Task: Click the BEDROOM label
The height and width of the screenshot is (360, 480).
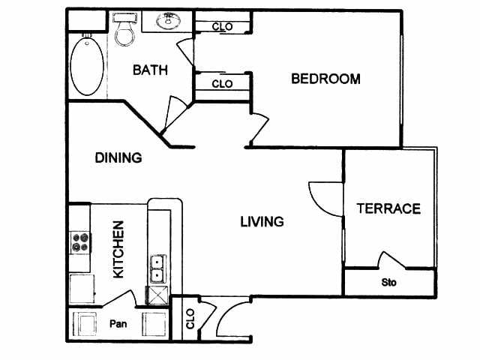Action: (325, 79)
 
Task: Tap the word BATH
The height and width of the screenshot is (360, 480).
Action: (150, 70)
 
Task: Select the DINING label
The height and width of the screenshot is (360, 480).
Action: (118, 157)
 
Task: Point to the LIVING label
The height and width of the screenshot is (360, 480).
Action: (262, 222)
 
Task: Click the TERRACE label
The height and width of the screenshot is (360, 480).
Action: (388, 208)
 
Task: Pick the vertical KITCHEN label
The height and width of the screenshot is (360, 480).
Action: (118, 250)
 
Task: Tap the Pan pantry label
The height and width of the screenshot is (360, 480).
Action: (118, 323)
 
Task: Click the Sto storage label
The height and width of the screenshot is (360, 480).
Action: (388, 282)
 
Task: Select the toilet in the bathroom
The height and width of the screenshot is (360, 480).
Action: (124, 29)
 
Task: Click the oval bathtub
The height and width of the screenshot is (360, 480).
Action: (87, 66)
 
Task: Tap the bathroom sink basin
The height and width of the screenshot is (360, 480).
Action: (168, 21)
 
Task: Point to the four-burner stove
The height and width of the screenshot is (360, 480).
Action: (80, 242)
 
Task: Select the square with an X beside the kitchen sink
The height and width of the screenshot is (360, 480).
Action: (157, 295)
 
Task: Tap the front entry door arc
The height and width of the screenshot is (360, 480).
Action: (222, 315)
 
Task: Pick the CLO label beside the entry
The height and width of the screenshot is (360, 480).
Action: (190, 319)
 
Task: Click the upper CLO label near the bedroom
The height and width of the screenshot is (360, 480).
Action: (223, 27)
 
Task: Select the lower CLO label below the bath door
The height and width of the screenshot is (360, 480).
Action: (222, 83)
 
